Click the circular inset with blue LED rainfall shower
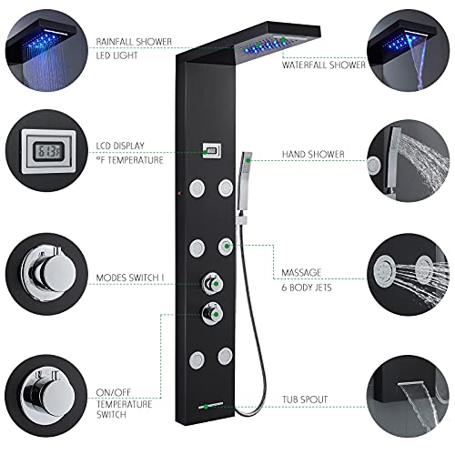tap(41, 41)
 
